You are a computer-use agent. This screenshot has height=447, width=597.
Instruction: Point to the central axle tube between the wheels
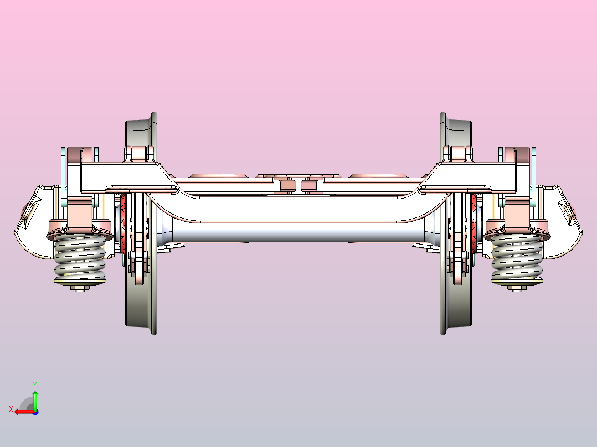click(298, 232)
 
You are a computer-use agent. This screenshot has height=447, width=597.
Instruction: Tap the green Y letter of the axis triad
click(35, 384)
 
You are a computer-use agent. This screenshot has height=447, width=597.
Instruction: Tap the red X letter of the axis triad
click(11, 409)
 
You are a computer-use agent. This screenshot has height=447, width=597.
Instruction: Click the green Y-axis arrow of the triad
click(35, 400)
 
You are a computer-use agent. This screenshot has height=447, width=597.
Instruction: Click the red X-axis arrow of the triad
click(25, 412)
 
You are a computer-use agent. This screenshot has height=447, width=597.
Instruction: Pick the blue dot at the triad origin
click(35, 412)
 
